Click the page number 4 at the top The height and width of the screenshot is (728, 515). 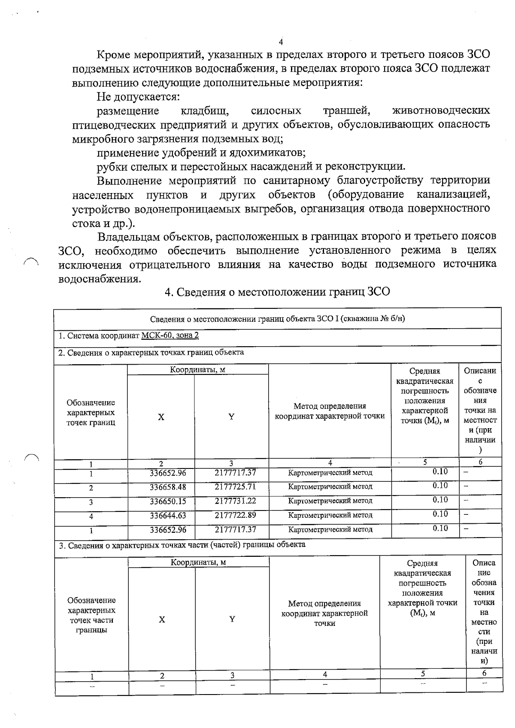coord(281,42)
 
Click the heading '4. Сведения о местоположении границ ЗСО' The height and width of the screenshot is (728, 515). coord(278,292)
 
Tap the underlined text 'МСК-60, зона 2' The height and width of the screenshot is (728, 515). coord(170,335)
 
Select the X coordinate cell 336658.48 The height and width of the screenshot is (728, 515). coord(168,487)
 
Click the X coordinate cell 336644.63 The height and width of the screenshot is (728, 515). coord(168,516)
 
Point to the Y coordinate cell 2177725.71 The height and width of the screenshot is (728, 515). coord(235,487)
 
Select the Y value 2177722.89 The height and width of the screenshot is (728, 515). coord(235,515)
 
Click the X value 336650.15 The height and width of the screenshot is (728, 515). coord(168,501)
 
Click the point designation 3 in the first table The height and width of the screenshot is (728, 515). coord(91,502)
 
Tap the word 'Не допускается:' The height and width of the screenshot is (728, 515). coord(138,97)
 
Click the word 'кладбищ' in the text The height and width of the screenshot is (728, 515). coord(204,111)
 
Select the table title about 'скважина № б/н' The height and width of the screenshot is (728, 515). coord(278,319)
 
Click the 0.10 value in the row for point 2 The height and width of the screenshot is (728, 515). coord(440,486)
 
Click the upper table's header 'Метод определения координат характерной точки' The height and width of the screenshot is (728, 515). coord(330,411)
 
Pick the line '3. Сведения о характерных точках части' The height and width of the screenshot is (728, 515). coord(182,544)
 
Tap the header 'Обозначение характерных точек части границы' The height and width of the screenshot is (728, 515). coord(91,615)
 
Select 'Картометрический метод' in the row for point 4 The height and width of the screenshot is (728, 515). coord(330,515)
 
